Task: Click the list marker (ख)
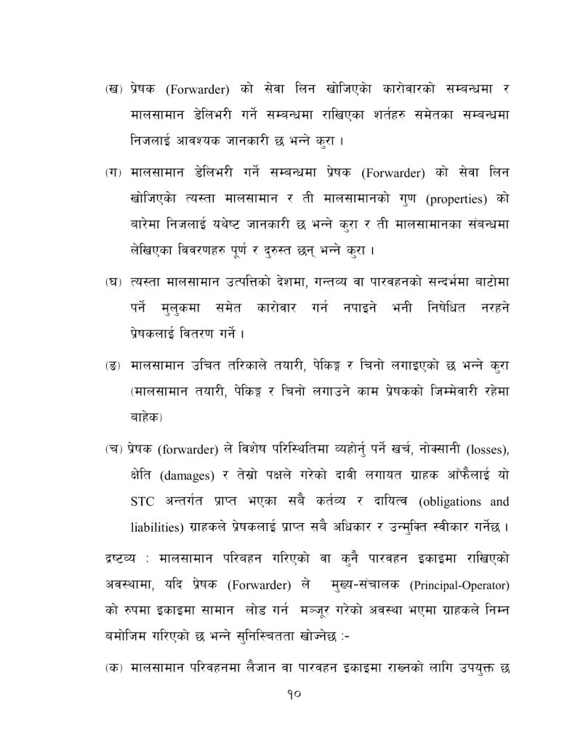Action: [x=113, y=90]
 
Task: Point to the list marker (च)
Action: [x=113, y=450]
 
